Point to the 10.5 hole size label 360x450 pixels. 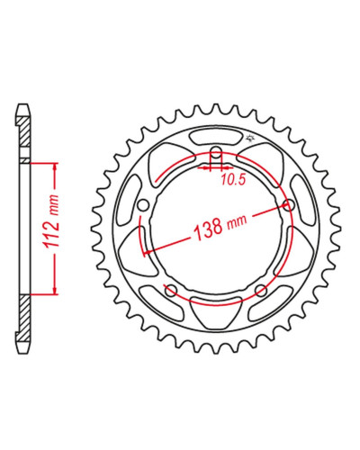[233, 180]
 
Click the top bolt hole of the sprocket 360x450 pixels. [216, 151]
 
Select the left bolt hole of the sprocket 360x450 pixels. [143, 205]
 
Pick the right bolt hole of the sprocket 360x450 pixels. [289, 205]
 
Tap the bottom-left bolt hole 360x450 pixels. [171, 289]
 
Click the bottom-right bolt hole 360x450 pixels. [260, 290]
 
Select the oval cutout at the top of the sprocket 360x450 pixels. [216, 138]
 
